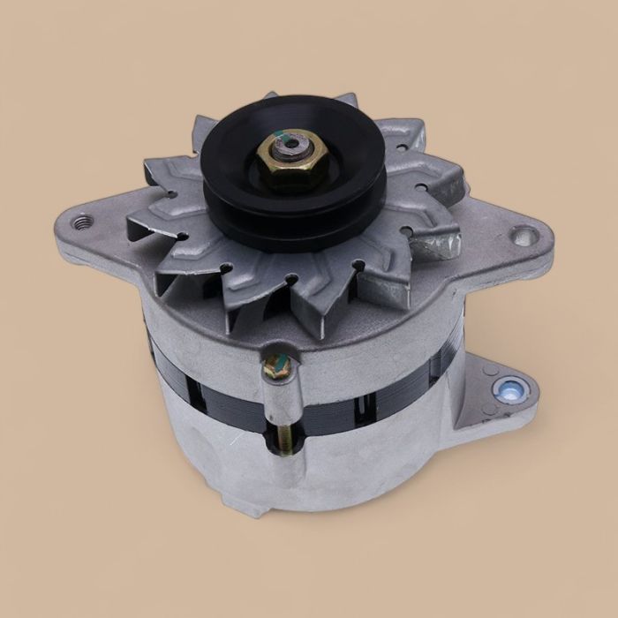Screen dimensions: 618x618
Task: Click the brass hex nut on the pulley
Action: (290, 167)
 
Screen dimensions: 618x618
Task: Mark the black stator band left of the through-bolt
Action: (203, 384)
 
